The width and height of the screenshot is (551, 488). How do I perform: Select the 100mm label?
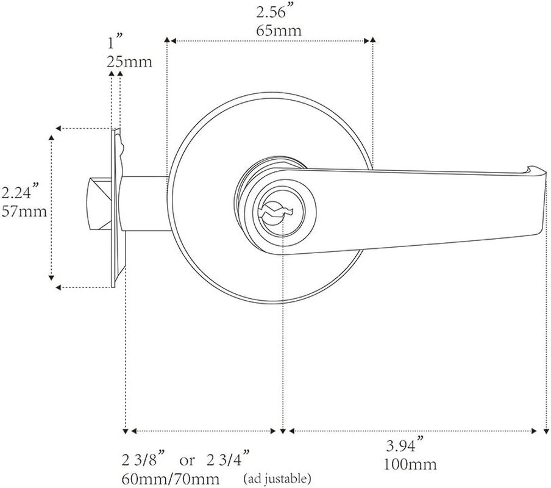tap(410, 465)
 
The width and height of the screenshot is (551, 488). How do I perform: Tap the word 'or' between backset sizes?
tap(187, 459)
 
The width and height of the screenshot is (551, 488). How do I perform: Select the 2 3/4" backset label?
tap(229, 459)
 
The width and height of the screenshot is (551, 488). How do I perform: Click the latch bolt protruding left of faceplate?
tap(99, 204)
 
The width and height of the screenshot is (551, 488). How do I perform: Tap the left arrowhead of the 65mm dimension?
tap(171, 41)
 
